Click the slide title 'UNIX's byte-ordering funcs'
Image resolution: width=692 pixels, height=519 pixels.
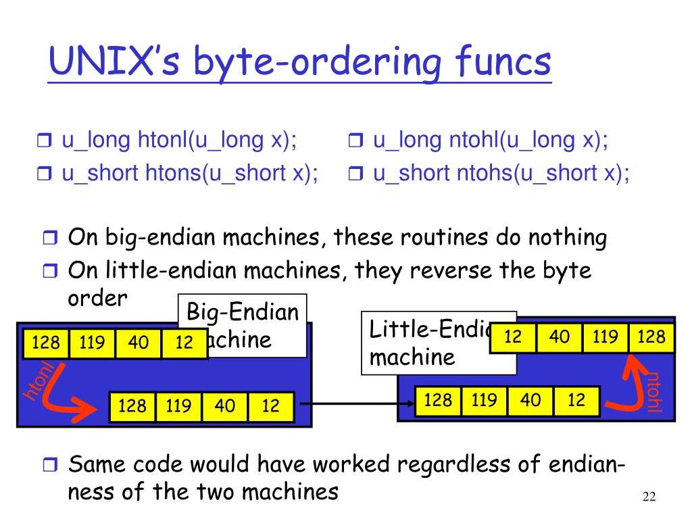[x=299, y=62]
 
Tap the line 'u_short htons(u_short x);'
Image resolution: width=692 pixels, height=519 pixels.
[x=190, y=173]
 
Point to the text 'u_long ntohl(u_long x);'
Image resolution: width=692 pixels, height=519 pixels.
[x=490, y=141]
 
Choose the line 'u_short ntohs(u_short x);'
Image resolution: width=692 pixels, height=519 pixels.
[x=501, y=173]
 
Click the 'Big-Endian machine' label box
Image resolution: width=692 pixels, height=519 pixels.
[x=243, y=325]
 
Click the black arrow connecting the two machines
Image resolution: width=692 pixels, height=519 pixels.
[x=355, y=405]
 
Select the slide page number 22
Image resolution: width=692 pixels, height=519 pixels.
[x=649, y=498]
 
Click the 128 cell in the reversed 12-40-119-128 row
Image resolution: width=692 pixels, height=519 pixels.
[x=651, y=337]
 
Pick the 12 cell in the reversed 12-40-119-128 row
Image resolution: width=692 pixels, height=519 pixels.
[x=513, y=337]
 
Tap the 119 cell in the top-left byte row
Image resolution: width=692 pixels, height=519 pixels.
[x=92, y=343]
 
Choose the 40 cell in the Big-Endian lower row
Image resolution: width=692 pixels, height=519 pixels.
[x=224, y=405]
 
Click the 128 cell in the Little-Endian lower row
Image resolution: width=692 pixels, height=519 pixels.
[x=438, y=400]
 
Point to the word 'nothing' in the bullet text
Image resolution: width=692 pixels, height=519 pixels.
[x=567, y=237]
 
